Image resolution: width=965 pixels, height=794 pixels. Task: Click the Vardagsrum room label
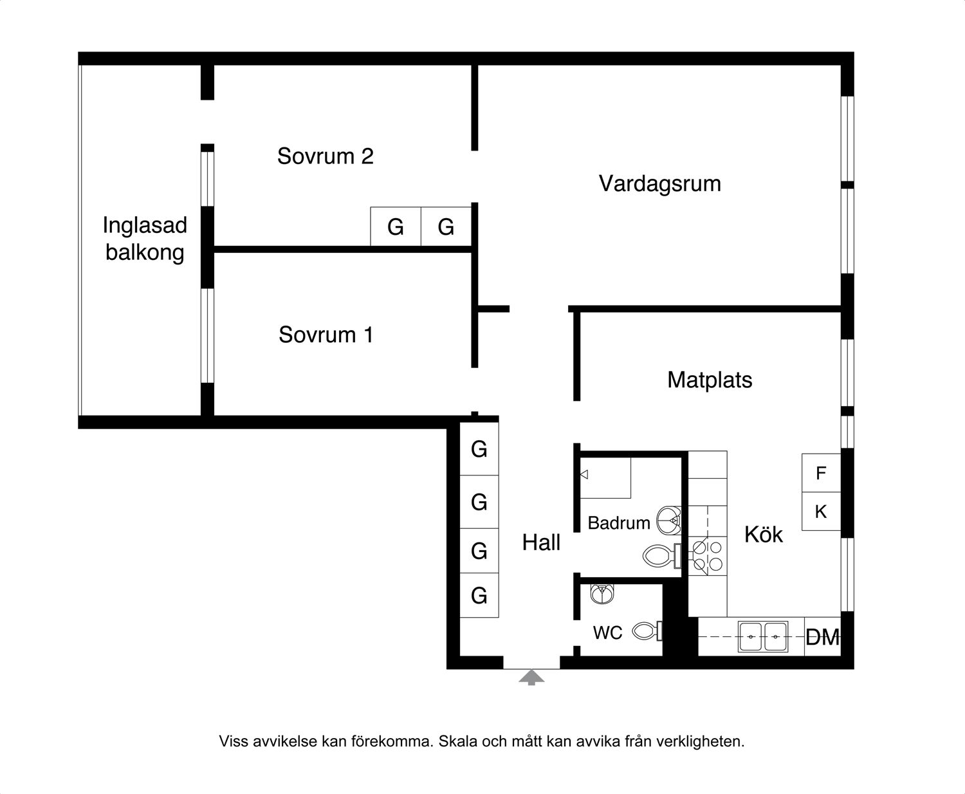660,184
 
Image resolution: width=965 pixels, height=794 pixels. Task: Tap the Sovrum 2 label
326,156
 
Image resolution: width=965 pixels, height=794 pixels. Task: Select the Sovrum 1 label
326,335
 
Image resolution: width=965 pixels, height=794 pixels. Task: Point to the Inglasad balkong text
145,239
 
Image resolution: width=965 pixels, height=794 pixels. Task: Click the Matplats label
710,380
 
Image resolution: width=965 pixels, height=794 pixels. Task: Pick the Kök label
763,534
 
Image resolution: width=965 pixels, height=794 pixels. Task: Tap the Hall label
541,542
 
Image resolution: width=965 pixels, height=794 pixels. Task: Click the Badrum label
619,523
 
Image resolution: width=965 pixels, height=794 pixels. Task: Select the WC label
608,633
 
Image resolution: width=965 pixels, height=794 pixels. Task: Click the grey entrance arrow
531,677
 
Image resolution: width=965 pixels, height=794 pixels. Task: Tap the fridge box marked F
821,473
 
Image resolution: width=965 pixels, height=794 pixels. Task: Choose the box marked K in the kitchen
821,512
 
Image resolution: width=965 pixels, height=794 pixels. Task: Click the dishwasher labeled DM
822,636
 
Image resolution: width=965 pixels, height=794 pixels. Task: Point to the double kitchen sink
763,636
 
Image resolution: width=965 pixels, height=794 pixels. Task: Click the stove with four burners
708,556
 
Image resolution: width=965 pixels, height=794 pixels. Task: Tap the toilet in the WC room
647,631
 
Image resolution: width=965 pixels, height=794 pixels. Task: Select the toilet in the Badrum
662,556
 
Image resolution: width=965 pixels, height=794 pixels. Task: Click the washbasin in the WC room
602,594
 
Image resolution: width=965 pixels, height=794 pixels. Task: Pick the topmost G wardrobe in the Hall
479,449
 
